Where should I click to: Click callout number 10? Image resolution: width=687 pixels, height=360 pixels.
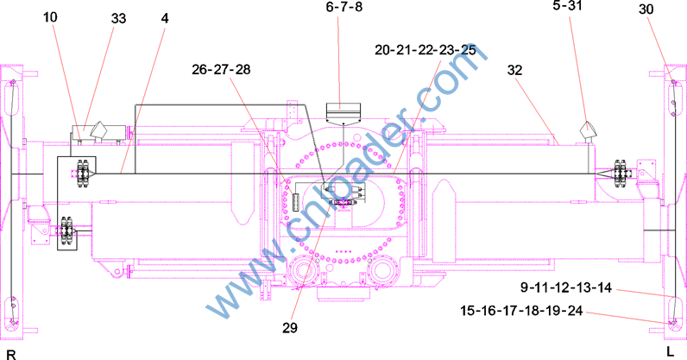click(x=50, y=17)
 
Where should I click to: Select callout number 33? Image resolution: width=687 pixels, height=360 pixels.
click(x=118, y=18)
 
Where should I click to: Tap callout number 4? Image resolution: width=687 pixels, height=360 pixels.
click(x=165, y=18)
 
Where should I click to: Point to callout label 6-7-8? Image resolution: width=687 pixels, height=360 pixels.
click(x=344, y=7)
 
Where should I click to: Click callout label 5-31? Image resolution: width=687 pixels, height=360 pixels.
click(x=567, y=6)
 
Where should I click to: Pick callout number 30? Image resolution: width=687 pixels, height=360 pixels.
click(x=646, y=9)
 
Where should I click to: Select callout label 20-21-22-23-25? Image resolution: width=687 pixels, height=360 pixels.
click(x=425, y=50)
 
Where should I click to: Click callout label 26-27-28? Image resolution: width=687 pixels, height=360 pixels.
click(x=221, y=69)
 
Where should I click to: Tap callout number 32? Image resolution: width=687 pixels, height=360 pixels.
click(x=514, y=70)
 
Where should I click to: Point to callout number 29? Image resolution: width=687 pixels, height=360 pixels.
click(x=290, y=328)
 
